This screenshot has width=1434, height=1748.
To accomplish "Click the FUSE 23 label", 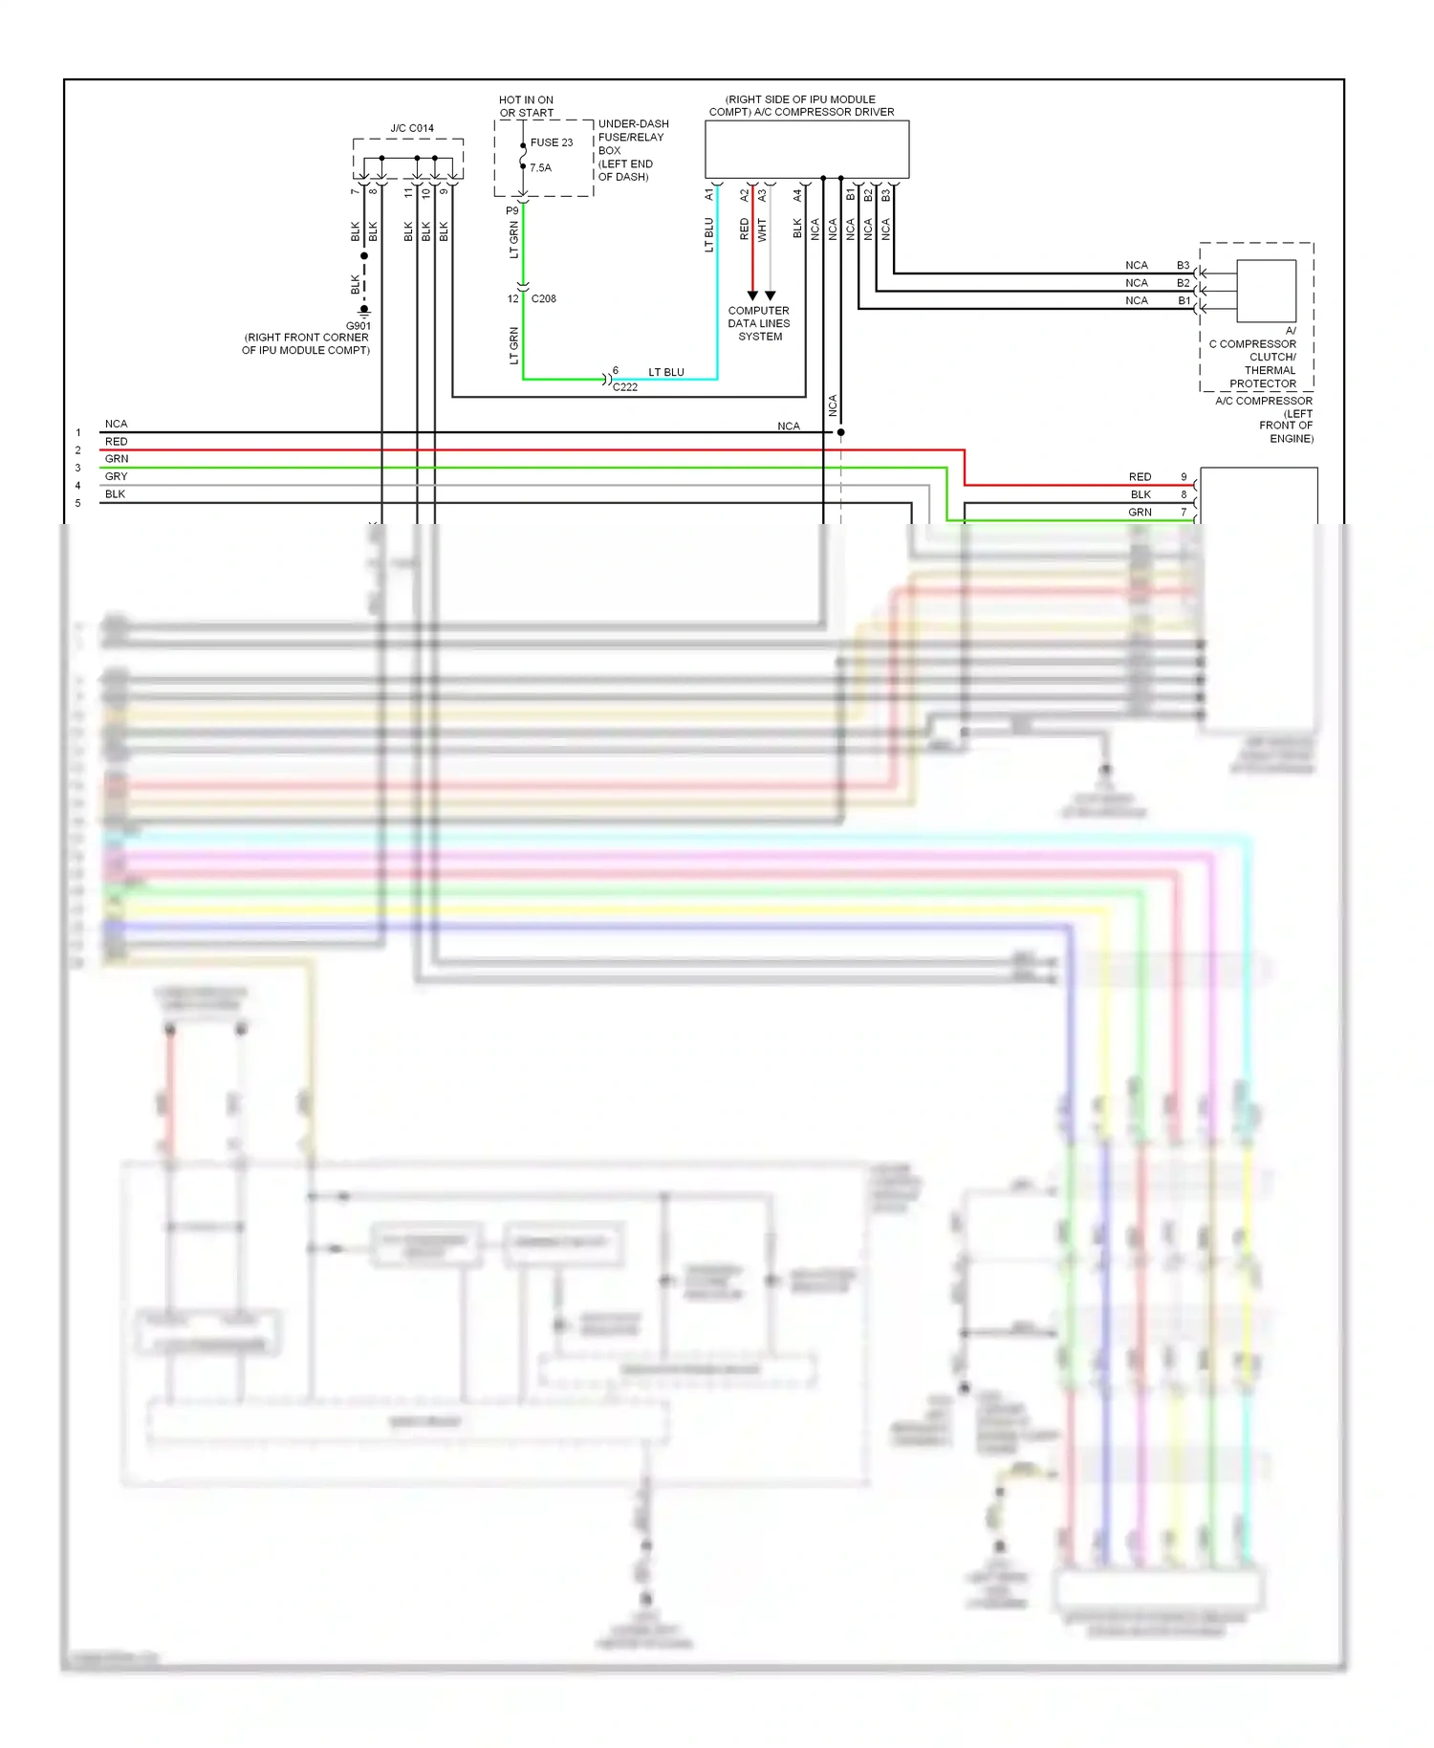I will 552,142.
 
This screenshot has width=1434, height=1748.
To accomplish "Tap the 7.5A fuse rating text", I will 540,167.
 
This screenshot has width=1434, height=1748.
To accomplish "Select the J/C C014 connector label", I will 411,128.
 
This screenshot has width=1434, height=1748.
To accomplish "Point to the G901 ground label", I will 358,326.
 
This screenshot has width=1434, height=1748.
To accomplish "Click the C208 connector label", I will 543,298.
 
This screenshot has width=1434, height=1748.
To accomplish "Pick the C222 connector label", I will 624,387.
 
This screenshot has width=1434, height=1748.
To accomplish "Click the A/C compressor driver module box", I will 806,149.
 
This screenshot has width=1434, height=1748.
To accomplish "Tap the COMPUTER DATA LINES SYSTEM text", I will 759,323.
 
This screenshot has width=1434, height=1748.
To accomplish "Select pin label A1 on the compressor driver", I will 709,194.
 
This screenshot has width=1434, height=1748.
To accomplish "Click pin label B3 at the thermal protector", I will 1183,265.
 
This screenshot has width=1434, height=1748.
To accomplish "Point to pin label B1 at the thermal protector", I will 1184,300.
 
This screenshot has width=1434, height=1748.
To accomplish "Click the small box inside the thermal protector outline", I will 1266,291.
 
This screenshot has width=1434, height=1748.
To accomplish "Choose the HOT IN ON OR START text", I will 526,106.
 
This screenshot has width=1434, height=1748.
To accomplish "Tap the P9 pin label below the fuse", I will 512,210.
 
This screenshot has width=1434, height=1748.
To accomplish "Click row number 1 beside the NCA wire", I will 78,433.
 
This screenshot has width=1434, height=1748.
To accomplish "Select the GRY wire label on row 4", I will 116,476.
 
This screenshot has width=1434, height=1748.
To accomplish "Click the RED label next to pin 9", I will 1140,476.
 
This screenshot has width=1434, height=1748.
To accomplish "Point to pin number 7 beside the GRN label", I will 1184,513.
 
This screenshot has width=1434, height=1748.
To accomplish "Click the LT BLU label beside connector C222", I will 665,372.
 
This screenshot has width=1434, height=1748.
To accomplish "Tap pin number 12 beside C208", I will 512,298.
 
